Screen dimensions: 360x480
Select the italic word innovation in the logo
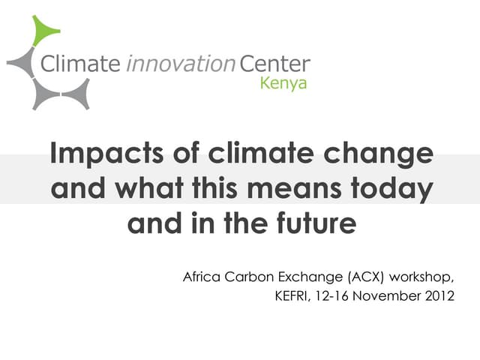click(180, 64)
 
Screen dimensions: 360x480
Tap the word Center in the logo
click(274, 64)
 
